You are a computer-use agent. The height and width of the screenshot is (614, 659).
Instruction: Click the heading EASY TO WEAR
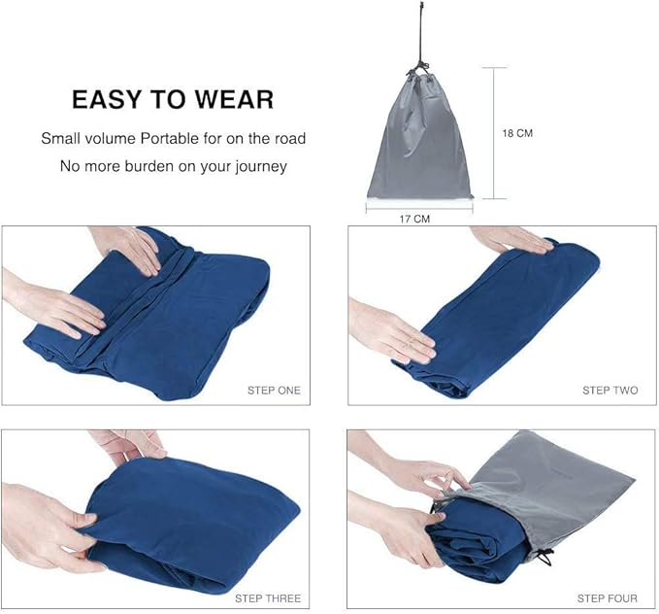coord(173,99)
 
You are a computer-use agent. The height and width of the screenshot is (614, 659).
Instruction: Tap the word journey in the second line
coord(253,165)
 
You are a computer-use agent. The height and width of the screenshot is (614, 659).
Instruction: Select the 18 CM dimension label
coord(517,133)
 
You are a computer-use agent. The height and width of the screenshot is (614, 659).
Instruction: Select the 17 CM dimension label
coord(415,219)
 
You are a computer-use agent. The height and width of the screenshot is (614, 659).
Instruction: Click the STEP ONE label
coord(274,391)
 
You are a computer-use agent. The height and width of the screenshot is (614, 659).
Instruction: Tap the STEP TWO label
coord(610,391)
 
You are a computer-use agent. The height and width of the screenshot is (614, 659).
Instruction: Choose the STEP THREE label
coord(269,597)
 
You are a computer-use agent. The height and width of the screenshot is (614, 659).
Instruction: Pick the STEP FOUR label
coord(609,597)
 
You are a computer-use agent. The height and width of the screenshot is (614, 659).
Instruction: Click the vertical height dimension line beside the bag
coord(494,133)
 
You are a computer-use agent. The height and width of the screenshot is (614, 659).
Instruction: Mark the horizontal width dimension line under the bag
coord(418,206)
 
